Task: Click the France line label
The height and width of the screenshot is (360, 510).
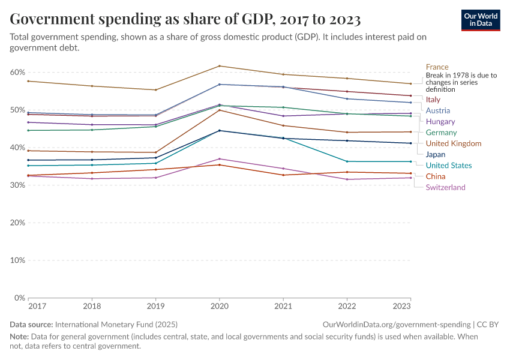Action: (x=437, y=67)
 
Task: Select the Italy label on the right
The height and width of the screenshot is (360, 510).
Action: (x=433, y=100)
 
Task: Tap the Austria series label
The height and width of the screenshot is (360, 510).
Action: (x=437, y=110)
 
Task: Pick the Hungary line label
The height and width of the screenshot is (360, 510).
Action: (x=440, y=122)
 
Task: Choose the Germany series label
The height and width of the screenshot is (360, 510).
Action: (x=441, y=133)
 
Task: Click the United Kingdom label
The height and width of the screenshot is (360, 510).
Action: (x=453, y=143)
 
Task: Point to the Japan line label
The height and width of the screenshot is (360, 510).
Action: (x=436, y=154)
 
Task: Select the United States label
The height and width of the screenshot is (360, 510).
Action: (x=448, y=166)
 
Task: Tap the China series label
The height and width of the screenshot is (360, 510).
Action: (x=435, y=176)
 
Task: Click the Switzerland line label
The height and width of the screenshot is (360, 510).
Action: (x=445, y=187)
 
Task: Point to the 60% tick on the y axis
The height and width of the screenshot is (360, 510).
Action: (x=17, y=73)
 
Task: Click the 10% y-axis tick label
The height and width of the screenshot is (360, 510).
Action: (x=17, y=260)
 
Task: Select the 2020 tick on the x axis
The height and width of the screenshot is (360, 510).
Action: (x=220, y=306)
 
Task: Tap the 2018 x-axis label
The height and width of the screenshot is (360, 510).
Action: (x=92, y=306)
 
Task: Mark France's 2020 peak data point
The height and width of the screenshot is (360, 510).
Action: (x=220, y=66)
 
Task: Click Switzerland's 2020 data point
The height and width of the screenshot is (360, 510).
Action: (x=220, y=159)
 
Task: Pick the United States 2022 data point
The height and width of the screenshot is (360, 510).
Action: (x=347, y=161)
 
